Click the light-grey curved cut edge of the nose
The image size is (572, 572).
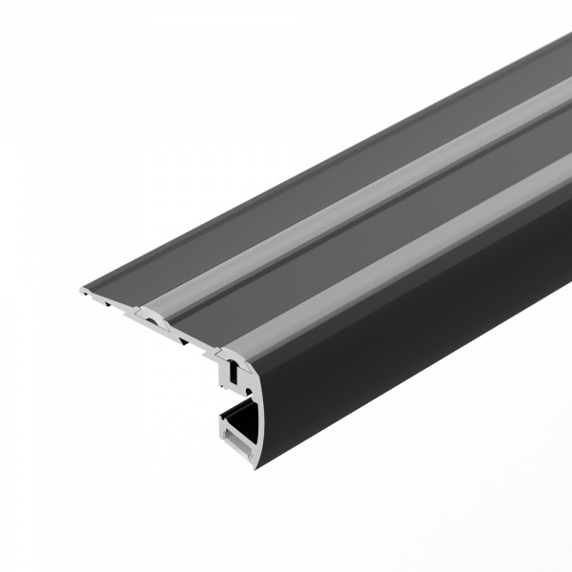point(255,400)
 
